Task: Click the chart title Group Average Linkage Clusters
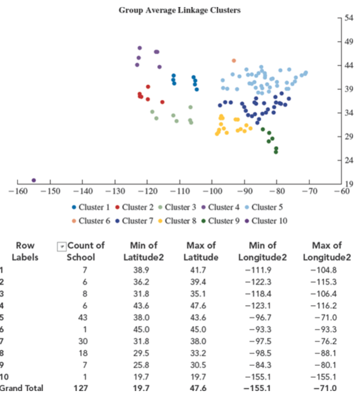click(179, 10)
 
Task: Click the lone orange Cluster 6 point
click(234, 61)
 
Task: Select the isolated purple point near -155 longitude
click(34, 180)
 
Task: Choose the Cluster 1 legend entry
click(92, 207)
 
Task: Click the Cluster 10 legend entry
click(266, 221)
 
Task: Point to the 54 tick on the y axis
click(349, 18)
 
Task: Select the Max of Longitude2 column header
click(327, 251)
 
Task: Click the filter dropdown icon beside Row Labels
click(61, 246)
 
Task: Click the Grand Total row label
click(22, 388)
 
